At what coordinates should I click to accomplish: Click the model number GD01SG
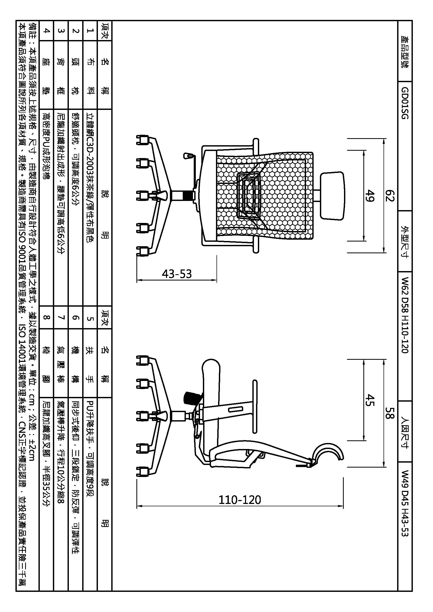pyautogui.click(x=405, y=103)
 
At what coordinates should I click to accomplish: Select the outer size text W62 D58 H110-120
pyautogui.click(x=405, y=315)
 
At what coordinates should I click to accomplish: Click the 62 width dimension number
pyautogui.click(x=390, y=196)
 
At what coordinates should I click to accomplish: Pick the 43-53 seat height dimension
pyautogui.click(x=177, y=274)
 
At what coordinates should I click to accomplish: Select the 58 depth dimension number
pyautogui.click(x=390, y=413)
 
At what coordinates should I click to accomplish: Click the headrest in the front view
pyautogui.click(x=332, y=196)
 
